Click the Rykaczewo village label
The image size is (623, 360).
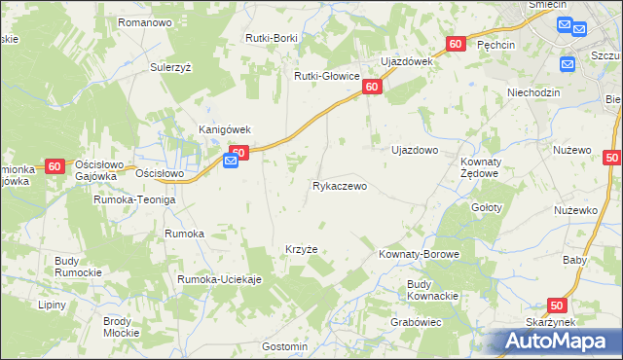[x=340, y=186]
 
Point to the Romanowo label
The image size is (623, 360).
[x=144, y=21]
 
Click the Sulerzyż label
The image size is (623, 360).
[x=175, y=68]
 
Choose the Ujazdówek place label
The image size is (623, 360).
[x=406, y=61]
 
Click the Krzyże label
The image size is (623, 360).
[x=301, y=249]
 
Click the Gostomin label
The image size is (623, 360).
[x=285, y=346]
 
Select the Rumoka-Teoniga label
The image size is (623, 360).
[x=134, y=199]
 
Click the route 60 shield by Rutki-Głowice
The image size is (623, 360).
[x=371, y=88]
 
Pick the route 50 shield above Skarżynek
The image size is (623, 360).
[x=556, y=306]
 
